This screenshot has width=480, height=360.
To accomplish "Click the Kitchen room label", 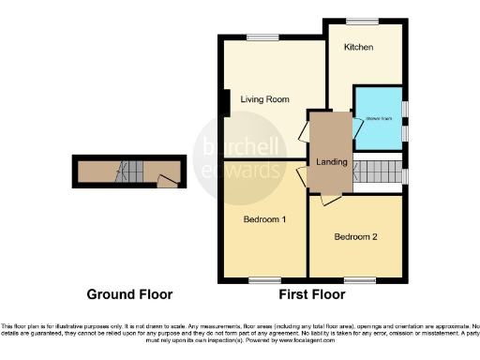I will (358, 47).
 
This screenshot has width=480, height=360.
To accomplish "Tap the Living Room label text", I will (263, 98).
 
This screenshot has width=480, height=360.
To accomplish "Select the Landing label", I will (334, 163).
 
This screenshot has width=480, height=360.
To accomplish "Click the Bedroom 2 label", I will (355, 237).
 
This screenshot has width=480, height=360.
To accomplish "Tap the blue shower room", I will (378, 119).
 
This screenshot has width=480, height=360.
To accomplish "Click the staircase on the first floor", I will (378, 172).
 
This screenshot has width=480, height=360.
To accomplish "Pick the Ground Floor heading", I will (129, 294).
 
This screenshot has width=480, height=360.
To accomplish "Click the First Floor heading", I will (311, 294).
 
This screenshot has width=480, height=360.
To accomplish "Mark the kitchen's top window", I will (361, 21).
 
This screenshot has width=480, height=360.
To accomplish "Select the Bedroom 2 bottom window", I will (356, 280).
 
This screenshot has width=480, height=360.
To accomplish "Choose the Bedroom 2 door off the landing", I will (327, 198).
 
